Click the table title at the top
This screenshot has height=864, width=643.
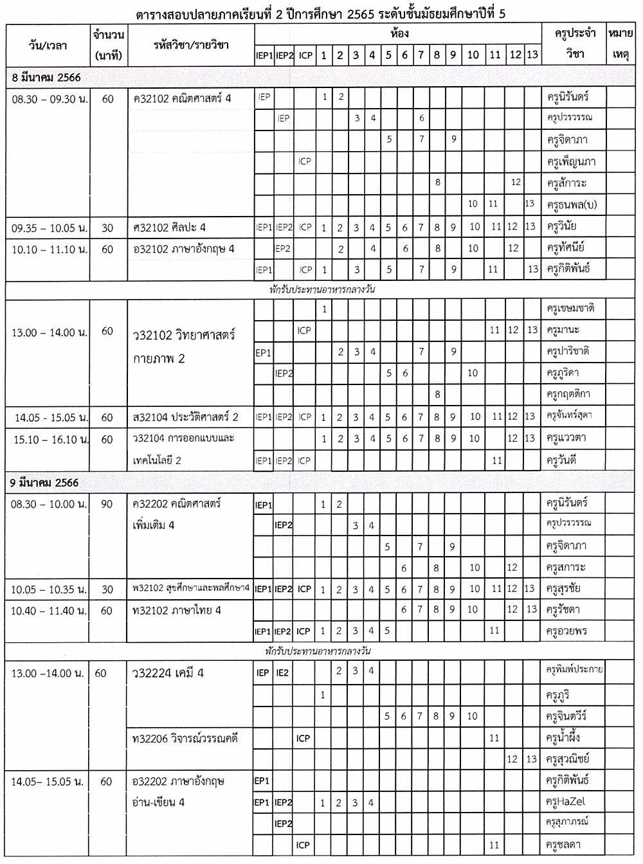click(321, 14)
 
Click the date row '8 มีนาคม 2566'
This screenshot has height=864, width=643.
click(46, 77)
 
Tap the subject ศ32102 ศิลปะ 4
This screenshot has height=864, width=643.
click(170, 228)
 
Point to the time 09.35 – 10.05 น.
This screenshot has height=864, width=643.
click(50, 228)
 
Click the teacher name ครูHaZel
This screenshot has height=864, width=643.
click(565, 802)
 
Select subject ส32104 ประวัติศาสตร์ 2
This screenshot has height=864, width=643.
click(186, 417)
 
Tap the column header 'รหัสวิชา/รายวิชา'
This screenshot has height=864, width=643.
click(192, 45)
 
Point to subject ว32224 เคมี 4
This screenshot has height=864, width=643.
click(168, 673)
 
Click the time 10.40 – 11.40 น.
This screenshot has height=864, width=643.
click(48, 610)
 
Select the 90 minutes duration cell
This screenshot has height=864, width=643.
click(107, 504)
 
